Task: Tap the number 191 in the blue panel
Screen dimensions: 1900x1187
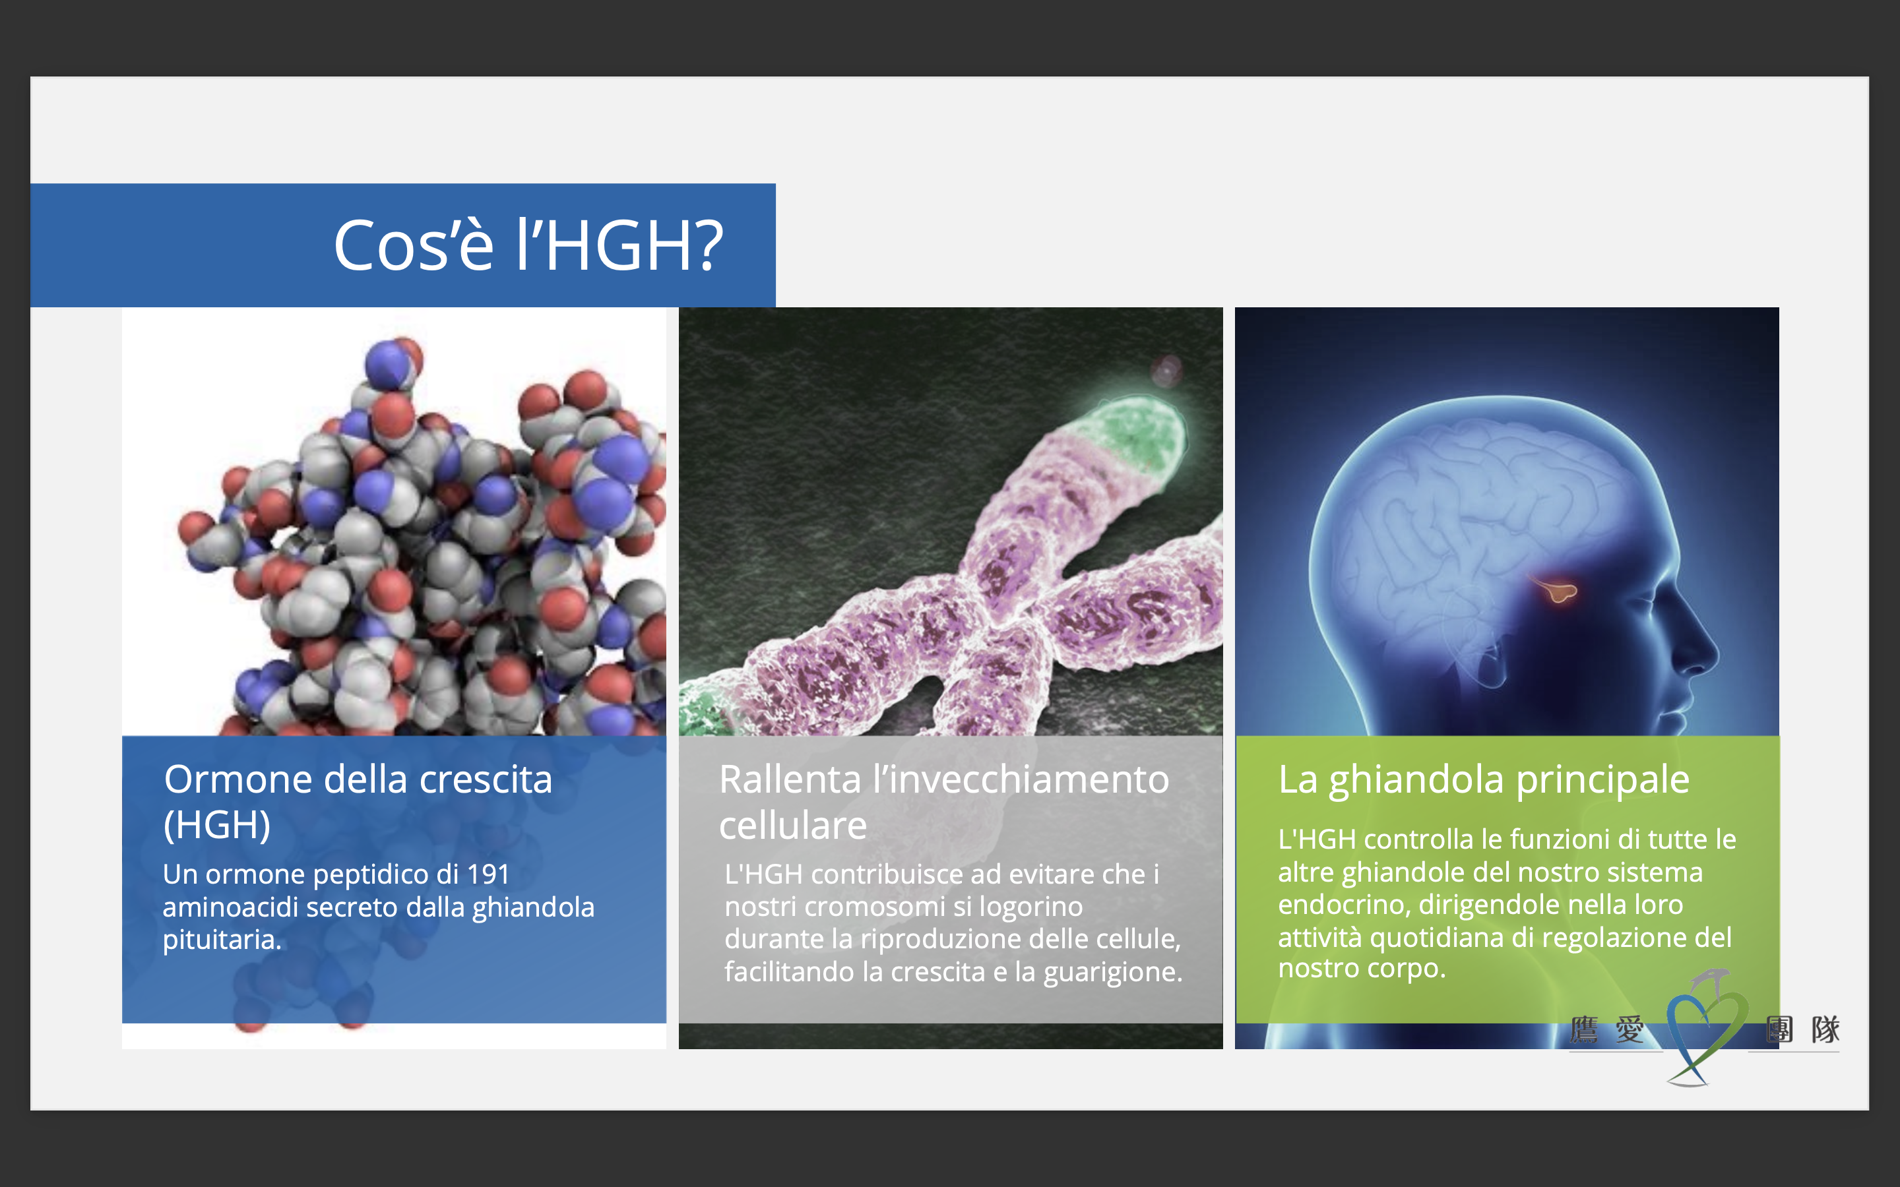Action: (x=488, y=874)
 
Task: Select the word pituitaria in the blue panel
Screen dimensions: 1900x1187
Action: (x=222, y=940)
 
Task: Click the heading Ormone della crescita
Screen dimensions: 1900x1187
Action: (x=358, y=779)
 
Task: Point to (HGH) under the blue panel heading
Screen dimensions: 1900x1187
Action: (x=216, y=824)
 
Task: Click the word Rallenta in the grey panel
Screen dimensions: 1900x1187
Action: (x=790, y=779)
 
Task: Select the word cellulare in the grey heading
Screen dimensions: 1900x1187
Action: (x=793, y=825)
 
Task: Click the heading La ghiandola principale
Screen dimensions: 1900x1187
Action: (x=1483, y=779)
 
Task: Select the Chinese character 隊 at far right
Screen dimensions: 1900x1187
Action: (x=1825, y=1029)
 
